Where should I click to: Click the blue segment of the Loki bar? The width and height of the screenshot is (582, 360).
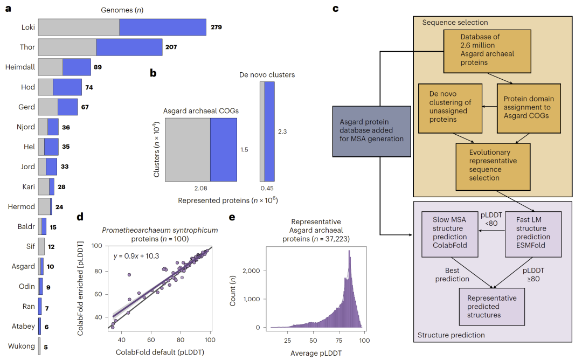coord(162,27)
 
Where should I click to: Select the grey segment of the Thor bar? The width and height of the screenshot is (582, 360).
coord(67,47)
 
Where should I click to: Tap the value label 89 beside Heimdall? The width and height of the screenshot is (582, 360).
coord(98,67)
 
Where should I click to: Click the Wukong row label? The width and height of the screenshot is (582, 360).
coord(23,347)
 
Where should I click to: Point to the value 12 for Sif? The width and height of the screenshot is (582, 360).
coord(51,247)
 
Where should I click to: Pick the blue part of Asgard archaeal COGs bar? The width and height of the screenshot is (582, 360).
coord(223,150)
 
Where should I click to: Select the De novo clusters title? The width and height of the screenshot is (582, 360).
coord(267,75)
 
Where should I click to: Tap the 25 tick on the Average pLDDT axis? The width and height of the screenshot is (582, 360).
coord(288,341)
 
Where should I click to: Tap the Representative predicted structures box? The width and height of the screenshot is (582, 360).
coord(491,306)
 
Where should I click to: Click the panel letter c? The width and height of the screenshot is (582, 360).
coord(336,9)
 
